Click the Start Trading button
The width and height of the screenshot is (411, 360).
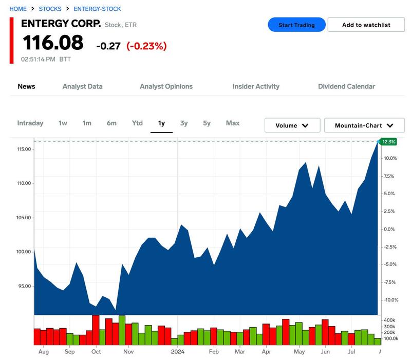(296, 25)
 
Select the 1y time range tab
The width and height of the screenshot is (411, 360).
(161, 123)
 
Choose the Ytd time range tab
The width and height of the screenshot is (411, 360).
(137, 123)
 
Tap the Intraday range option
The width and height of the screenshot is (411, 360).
(30, 123)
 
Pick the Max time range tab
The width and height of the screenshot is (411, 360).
(233, 123)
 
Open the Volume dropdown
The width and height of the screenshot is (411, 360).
(292, 125)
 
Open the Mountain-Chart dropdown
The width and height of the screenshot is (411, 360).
(364, 125)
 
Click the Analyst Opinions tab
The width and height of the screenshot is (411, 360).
(166, 86)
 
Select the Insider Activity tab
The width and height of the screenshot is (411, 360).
(256, 86)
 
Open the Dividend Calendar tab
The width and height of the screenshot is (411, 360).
(346, 86)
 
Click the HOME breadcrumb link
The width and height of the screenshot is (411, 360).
(18, 9)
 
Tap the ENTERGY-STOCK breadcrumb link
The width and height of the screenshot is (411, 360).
(97, 9)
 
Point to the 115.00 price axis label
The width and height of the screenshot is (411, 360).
(24, 149)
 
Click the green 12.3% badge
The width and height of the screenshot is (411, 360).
(388, 142)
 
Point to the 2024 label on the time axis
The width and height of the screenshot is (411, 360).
(178, 352)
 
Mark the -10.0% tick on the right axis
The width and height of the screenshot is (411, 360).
(390, 300)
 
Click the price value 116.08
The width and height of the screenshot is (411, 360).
(52, 43)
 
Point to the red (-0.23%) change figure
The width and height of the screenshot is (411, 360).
(146, 46)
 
